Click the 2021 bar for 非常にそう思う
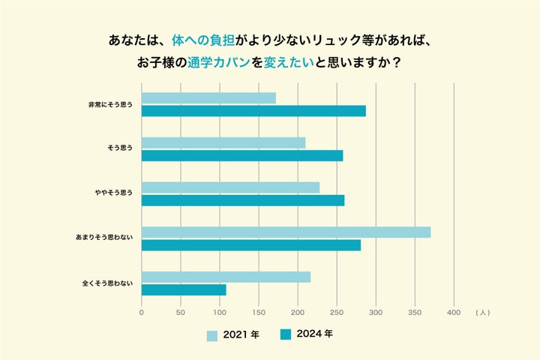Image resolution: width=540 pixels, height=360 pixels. pyautogui.click(x=208, y=97)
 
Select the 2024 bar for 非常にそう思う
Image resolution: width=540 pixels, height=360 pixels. pyautogui.click(x=253, y=111)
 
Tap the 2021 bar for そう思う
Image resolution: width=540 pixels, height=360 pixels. pyautogui.click(x=223, y=142)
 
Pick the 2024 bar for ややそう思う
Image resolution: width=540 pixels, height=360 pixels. pyautogui.click(x=243, y=200)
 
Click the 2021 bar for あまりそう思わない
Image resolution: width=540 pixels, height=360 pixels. pyautogui.click(x=286, y=232)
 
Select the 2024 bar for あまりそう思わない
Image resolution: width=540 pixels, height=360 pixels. pyautogui.click(x=251, y=245)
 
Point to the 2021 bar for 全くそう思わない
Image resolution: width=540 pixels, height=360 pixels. pyautogui.click(x=226, y=277)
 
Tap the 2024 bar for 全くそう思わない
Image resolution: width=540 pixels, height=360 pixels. pyautogui.click(x=184, y=289)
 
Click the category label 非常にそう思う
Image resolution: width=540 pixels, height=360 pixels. pyautogui.click(x=110, y=104)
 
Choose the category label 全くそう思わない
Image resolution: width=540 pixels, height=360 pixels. pyautogui.click(x=107, y=283)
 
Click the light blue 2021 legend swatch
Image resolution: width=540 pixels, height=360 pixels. pyautogui.click(x=212, y=335)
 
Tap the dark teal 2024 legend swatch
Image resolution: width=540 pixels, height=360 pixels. pyautogui.click(x=285, y=334)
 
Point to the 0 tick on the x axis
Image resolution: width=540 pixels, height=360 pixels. pyautogui.click(x=142, y=312)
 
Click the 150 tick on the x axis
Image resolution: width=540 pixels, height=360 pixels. pyautogui.click(x=259, y=312)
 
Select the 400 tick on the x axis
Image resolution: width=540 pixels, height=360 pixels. pyautogui.click(x=454, y=312)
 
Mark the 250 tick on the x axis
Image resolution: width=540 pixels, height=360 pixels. pyautogui.click(x=337, y=312)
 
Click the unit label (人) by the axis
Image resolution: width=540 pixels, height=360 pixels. pyautogui.click(x=482, y=312)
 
